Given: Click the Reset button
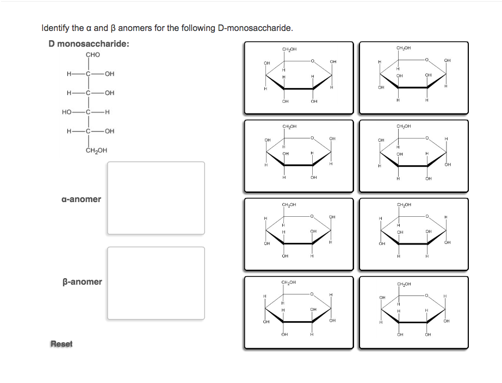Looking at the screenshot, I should (x=61, y=343).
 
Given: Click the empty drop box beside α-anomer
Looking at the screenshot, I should (x=156, y=198).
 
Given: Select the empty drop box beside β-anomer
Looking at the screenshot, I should (x=156, y=283).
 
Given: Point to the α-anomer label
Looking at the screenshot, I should (x=81, y=199).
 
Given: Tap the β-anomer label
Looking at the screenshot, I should (x=82, y=281).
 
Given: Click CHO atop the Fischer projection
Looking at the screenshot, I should (x=93, y=54).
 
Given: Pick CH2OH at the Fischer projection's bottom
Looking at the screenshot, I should (x=97, y=150).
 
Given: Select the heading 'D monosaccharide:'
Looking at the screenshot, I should (x=89, y=43).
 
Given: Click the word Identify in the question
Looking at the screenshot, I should (x=55, y=28).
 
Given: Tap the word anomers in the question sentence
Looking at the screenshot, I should (x=135, y=28).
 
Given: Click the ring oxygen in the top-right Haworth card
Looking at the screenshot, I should (x=427, y=60).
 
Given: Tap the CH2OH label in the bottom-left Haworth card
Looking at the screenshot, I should (x=289, y=282).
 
